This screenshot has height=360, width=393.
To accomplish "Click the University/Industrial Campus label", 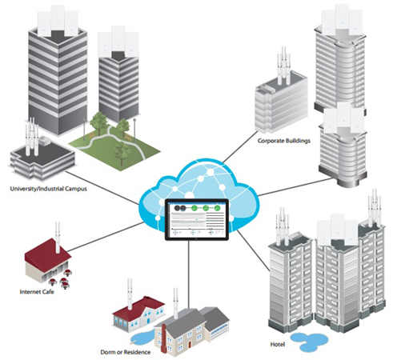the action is click(49, 189).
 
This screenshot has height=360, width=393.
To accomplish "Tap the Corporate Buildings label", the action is click(284, 141).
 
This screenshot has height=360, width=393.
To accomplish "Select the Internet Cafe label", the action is click(37, 292).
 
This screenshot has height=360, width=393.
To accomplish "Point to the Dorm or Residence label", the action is click(126, 352).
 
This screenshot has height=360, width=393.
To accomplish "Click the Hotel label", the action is click(278, 344).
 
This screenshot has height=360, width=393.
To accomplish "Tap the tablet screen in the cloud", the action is click(197, 219).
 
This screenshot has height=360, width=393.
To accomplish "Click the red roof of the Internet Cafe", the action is click(47, 251).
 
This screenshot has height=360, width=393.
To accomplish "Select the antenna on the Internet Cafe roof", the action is click(58, 238).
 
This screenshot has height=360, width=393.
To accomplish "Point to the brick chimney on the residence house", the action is click(164, 339).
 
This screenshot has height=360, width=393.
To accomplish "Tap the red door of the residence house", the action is click(190, 344).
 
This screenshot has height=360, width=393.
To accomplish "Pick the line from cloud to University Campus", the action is click(102, 188).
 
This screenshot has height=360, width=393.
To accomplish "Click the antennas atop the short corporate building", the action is click(283, 66).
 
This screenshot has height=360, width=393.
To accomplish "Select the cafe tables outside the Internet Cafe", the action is click(62, 279).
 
